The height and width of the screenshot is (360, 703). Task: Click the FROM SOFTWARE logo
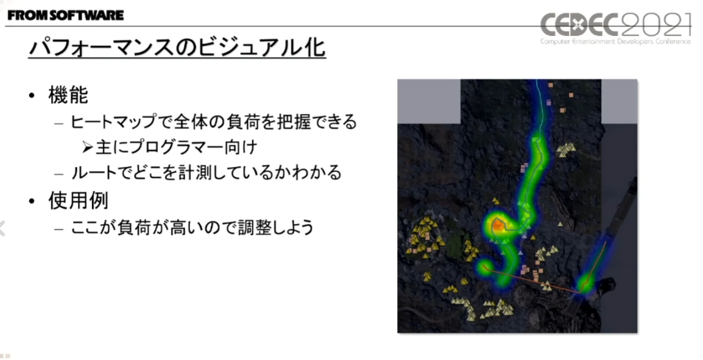pos(65,16)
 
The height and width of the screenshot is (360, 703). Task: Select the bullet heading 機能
pos(68,95)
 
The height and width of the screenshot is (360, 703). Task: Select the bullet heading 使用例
pos(78,201)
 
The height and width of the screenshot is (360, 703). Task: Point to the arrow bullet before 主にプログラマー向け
pos(88,147)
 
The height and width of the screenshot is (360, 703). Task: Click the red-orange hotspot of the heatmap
pos(498,225)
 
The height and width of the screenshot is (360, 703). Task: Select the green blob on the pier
pos(584,283)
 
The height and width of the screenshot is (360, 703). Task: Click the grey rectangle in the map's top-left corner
pos(429,101)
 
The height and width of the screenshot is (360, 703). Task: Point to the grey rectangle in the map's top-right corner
pos(619,101)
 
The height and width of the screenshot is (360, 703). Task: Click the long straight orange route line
pos(534,281)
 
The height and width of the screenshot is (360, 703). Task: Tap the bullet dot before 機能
pos(32,96)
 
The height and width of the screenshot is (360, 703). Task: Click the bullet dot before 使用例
pos(32,202)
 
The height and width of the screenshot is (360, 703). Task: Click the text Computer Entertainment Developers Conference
pos(615,41)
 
